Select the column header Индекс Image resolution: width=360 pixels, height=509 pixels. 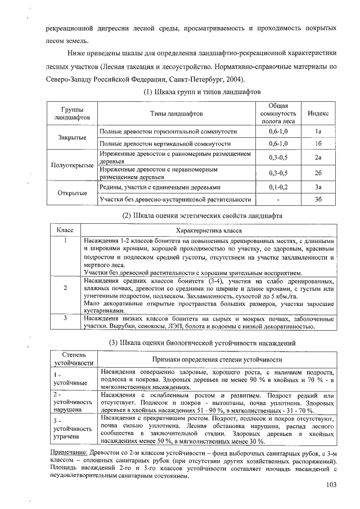pos(318,114)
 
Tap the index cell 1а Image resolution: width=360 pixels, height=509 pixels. pos(318,131)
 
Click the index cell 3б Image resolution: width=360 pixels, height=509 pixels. pos(318,199)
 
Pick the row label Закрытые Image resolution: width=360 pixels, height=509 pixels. pos(73,137)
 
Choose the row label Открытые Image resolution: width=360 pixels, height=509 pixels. pos(73,193)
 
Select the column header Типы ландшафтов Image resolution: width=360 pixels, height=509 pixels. pos(176,114)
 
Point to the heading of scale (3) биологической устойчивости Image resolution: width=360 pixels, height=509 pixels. pos(202,343)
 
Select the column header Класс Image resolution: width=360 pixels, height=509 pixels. pos(65,231)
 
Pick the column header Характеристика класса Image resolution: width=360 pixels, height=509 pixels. pos(209,231)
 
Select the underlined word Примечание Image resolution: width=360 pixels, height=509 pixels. pos(66,453)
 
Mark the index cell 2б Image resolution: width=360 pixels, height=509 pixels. pos(318,173)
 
